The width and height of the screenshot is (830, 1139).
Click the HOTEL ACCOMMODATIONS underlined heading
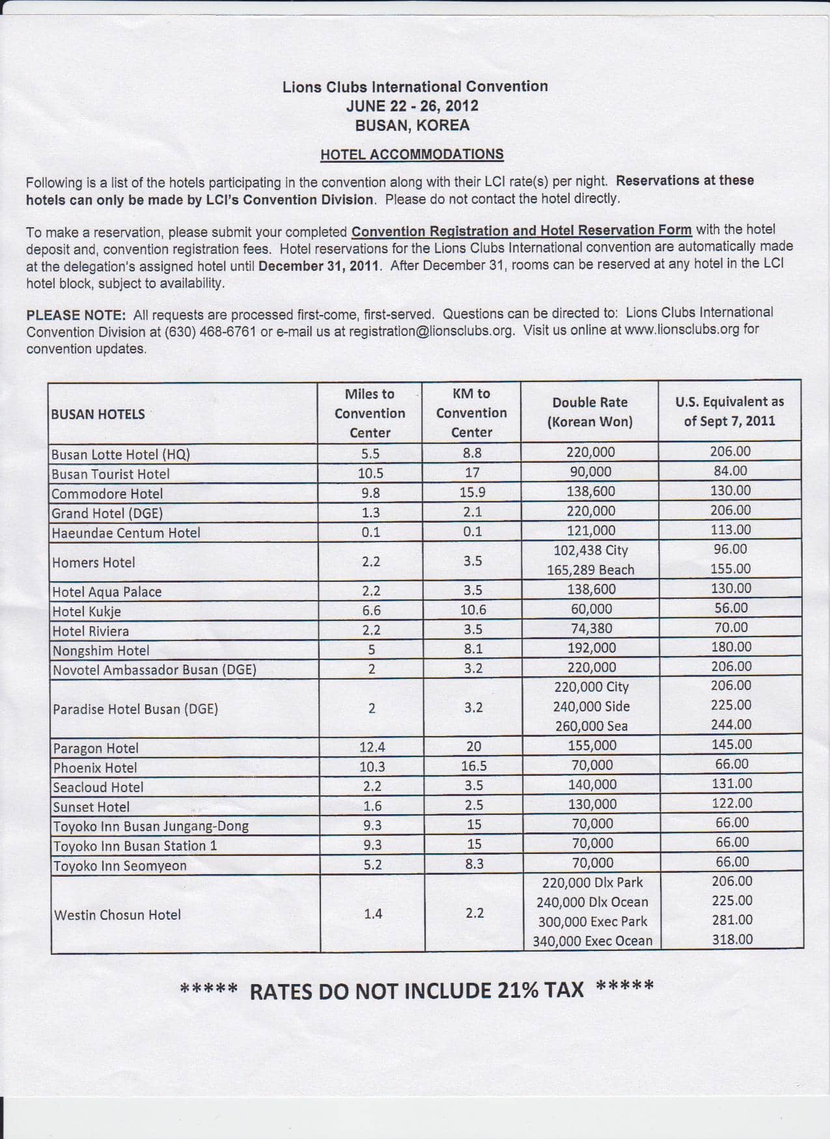[411, 154]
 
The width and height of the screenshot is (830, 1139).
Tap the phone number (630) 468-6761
[210, 331]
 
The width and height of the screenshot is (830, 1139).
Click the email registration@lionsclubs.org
[431, 330]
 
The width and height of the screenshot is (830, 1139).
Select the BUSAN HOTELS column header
[98, 414]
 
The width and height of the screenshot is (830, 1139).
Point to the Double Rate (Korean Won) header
[590, 412]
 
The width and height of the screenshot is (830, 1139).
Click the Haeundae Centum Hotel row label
[126, 532]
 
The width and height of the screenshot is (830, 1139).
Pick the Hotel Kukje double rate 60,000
[591, 609]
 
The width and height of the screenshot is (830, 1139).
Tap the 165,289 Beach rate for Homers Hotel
[590, 569]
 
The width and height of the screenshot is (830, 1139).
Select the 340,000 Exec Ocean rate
[592, 940]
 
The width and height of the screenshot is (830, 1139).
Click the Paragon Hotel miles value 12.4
[372, 747]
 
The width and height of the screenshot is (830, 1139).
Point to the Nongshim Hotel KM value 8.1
[473, 648]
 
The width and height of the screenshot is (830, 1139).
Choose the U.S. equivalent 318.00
[732, 939]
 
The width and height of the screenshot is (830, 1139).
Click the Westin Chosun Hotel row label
[118, 914]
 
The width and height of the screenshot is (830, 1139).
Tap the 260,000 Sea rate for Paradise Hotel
[591, 726]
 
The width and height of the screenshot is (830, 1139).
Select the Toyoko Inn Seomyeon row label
[120, 866]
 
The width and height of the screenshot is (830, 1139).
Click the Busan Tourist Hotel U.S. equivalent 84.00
[730, 471]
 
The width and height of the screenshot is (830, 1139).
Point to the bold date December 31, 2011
[319, 266]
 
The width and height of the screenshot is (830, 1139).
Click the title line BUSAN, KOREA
[412, 125]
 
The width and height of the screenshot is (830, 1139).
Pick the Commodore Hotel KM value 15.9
[473, 493]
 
